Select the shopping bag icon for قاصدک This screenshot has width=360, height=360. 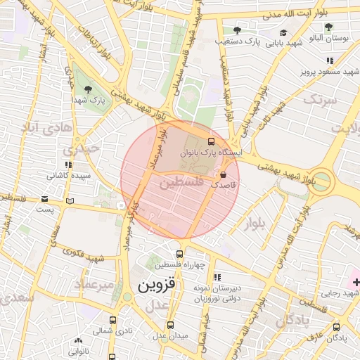point(224,174)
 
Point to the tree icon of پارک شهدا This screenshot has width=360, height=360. point(87,89)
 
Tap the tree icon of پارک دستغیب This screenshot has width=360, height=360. point(237,30)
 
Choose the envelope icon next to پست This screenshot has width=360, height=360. point(45,199)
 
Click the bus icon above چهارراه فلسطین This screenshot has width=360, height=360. point(179,254)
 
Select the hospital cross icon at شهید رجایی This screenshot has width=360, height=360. point(356,283)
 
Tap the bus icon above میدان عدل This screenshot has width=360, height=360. point(170,325)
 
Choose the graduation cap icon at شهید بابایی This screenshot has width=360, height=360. point(283,32)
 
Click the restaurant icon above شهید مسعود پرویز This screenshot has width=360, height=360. point(330,60)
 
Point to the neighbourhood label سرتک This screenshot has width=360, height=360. point(321,100)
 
